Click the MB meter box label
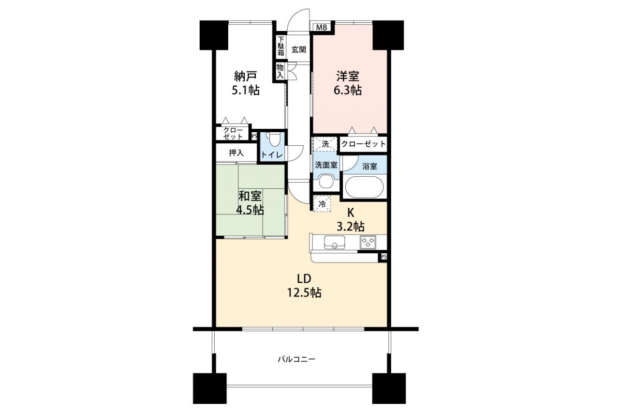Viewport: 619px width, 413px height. point(322,28)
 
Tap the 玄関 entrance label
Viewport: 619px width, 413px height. point(299,50)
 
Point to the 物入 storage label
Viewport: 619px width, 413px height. point(280,71)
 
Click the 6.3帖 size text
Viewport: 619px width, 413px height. point(348,91)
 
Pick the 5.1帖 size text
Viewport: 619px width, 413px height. point(245,90)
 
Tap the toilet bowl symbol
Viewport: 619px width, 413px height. point(274,140)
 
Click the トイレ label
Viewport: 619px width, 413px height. point(272,155)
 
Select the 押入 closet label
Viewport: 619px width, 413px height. point(236,153)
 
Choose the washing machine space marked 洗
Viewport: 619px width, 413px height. point(325,144)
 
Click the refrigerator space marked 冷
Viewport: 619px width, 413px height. point(322,204)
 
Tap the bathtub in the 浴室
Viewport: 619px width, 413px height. point(365,187)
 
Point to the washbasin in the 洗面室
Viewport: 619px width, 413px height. point(326,182)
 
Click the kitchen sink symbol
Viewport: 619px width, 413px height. point(334,242)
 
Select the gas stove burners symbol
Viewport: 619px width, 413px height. point(368,242)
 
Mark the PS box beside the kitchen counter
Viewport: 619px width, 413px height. point(383,257)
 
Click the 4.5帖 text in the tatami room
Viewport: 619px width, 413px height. point(250,211)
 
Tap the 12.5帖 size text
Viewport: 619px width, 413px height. point(304,292)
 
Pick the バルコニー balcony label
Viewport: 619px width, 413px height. point(296,359)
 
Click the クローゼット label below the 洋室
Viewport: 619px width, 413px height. point(363,144)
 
